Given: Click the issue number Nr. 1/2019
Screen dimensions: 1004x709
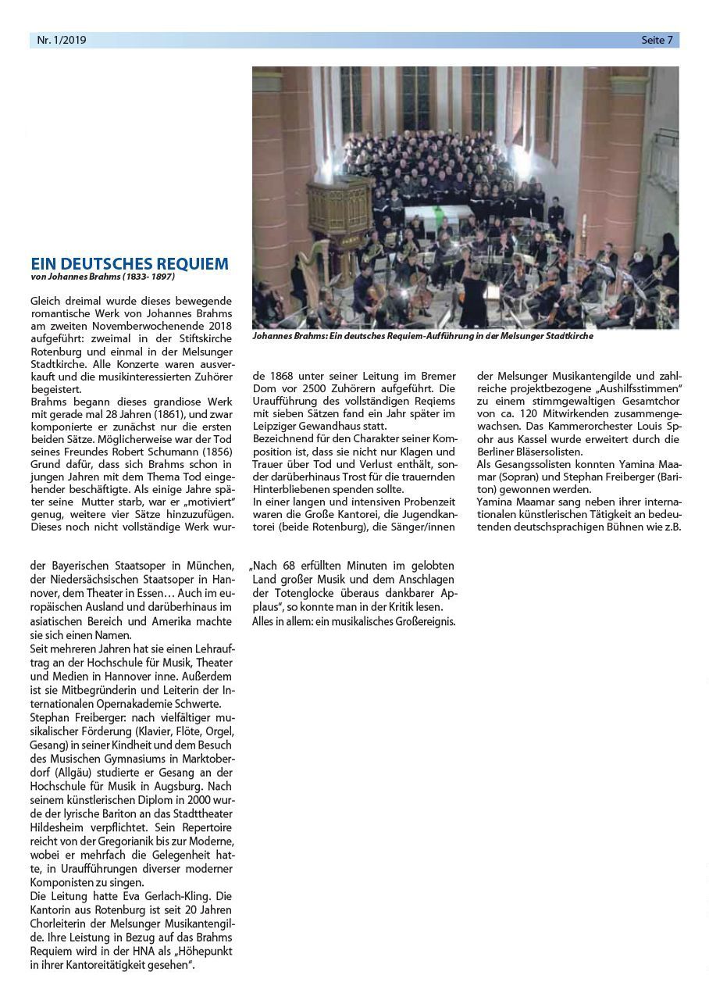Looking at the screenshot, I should click(x=62, y=40).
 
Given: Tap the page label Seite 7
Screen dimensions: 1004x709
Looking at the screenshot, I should click(x=657, y=40).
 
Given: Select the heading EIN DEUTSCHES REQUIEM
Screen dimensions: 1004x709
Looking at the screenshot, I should click(x=130, y=264).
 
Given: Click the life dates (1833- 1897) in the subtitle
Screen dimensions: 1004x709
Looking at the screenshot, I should click(x=148, y=277).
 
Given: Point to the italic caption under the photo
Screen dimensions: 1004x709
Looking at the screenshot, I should click(x=422, y=336).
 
